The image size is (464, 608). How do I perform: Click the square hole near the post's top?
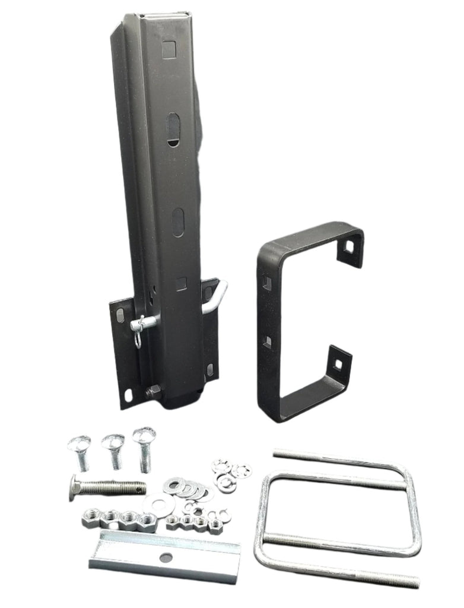[170, 49]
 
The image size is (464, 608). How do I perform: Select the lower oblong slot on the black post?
[178, 222]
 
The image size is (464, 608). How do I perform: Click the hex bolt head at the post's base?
[153, 391]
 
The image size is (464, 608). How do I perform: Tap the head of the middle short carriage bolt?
[112, 442]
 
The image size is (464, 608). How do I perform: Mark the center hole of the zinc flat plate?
[166, 558]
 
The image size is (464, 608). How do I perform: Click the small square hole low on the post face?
[181, 284]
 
